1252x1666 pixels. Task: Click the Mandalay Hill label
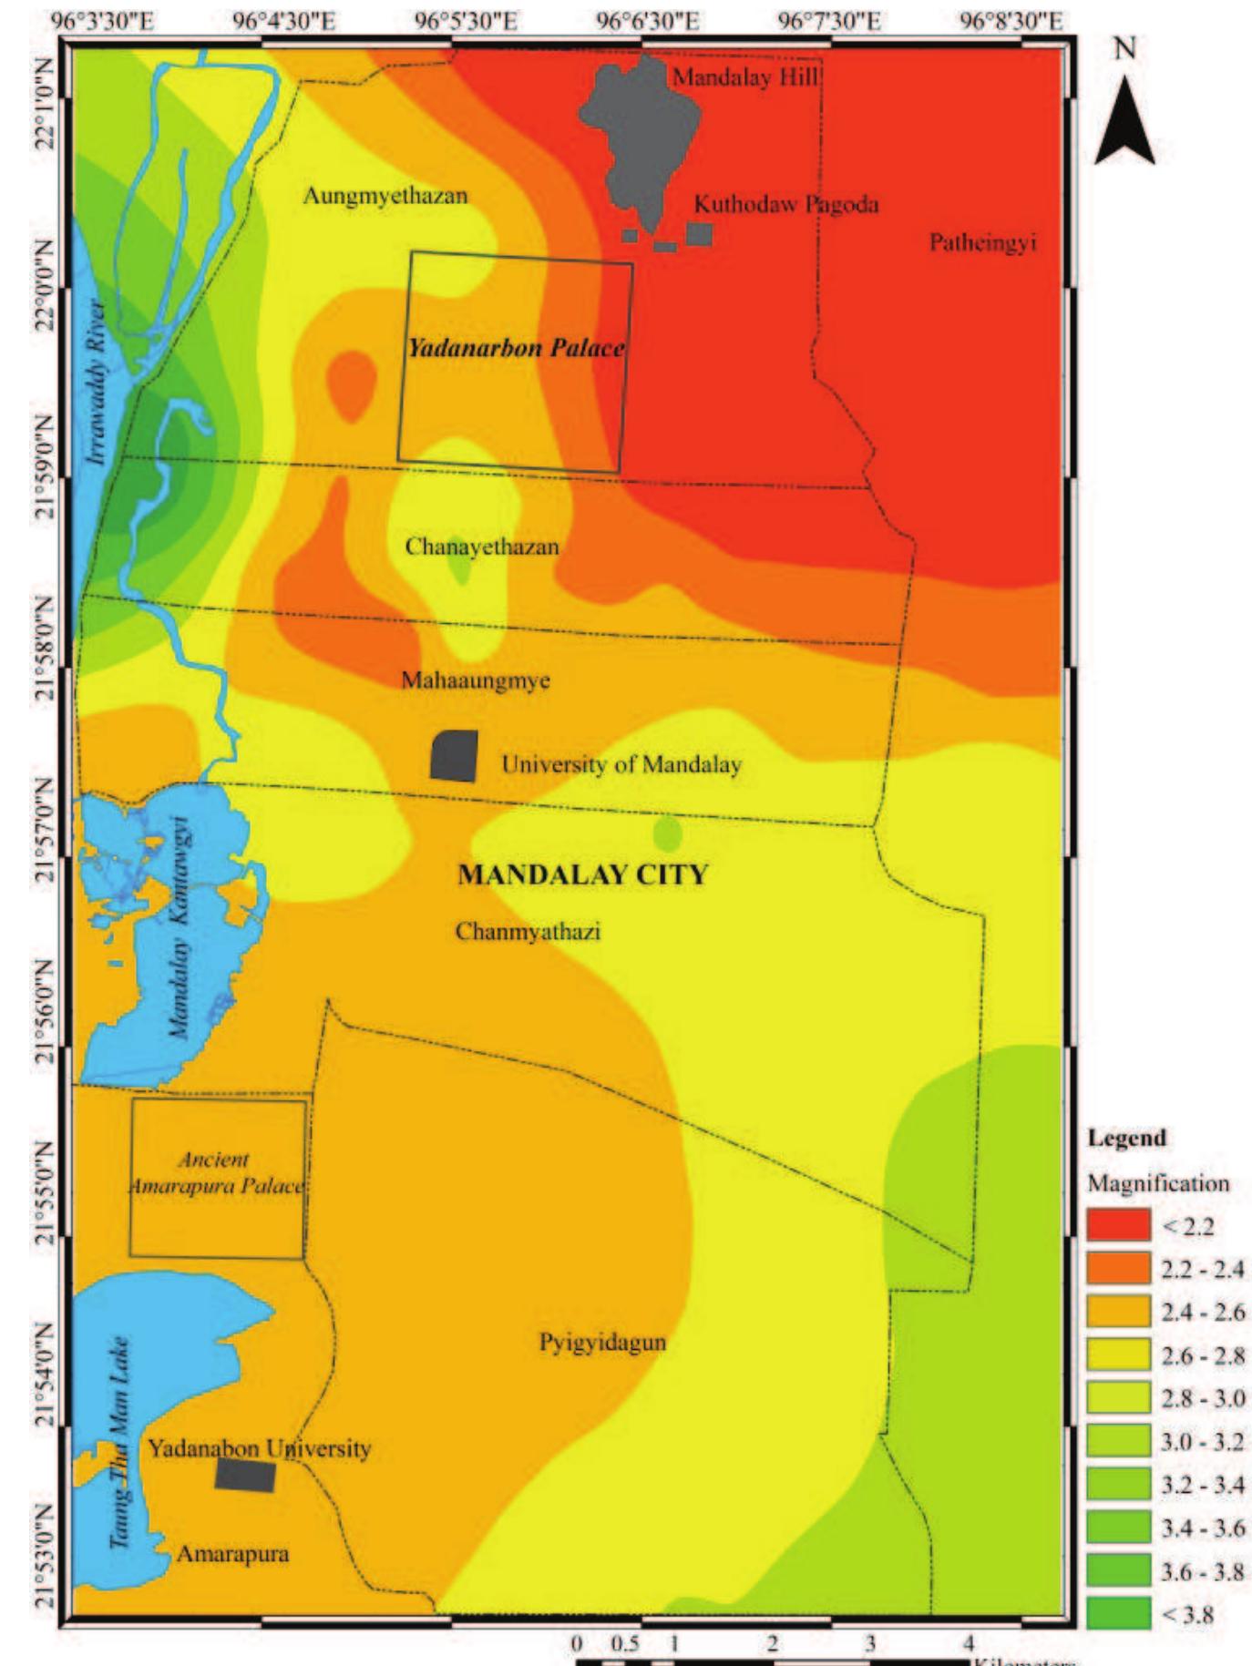(x=745, y=77)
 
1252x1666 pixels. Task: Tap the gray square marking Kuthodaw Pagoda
(x=699, y=234)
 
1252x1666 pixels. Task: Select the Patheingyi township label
(x=982, y=243)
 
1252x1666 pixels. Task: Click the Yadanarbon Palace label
(x=516, y=348)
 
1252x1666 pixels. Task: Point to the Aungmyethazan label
(x=385, y=196)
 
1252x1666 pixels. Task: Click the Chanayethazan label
(x=482, y=547)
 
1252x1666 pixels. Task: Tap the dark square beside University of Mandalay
(x=454, y=756)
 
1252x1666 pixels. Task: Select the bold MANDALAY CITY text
(x=582, y=875)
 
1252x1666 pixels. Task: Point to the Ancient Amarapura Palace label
(x=216, y=1173)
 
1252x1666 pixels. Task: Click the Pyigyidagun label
(x=602, y=1343)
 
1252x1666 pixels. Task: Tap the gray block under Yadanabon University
(x=245, y=1475)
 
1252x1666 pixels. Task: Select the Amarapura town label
(x=232, y=1554)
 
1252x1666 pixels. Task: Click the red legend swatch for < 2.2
(x=1118, y=1226)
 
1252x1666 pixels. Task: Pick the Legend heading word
(x=1126, y=1139)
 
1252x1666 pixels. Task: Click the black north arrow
(x=1124, y=123)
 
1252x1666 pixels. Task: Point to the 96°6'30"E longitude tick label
(x=648, y=21)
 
